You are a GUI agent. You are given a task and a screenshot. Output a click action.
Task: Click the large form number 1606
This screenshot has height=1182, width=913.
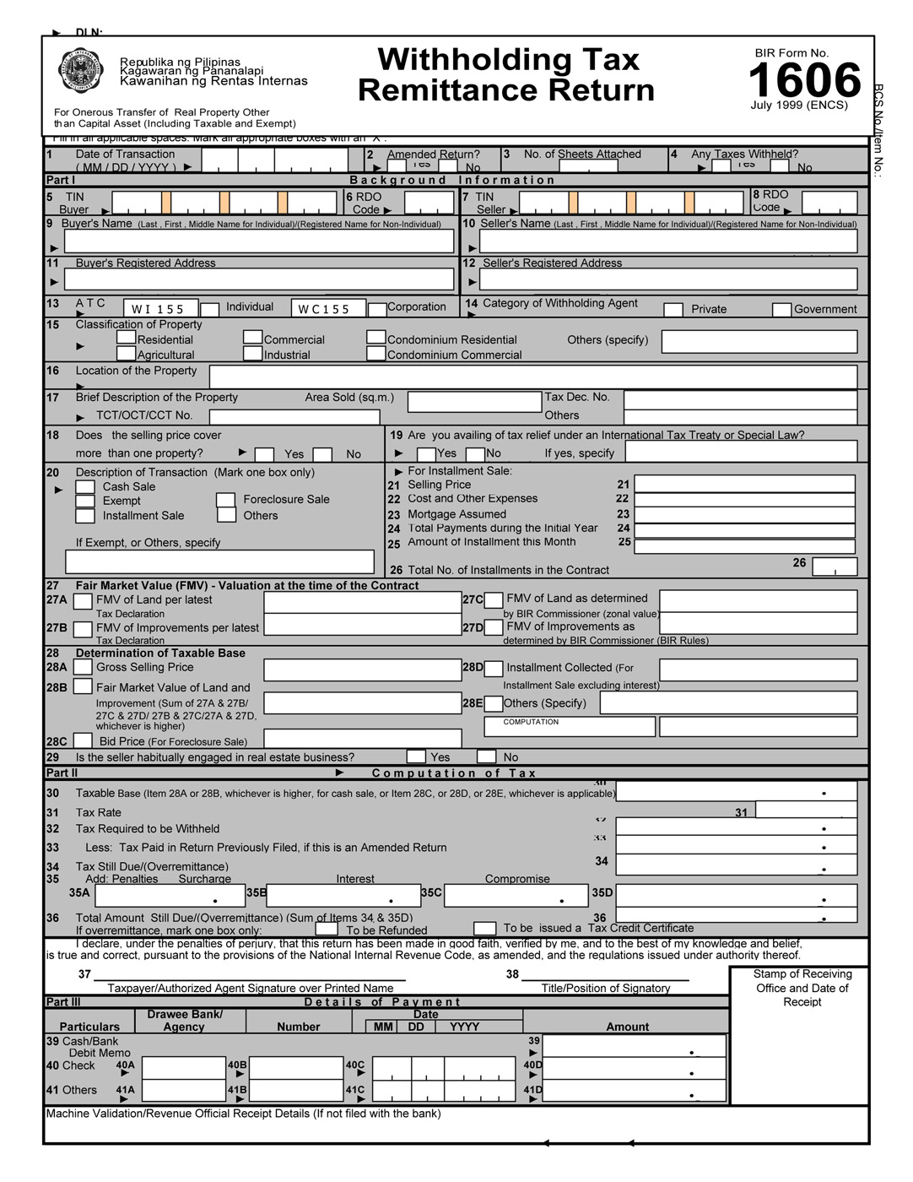click(x=804, y=81)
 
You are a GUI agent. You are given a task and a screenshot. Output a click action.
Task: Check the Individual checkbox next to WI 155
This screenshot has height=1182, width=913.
click(x=210, y=310)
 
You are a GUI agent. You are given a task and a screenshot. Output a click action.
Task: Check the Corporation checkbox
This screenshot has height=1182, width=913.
click(x=377, y=310)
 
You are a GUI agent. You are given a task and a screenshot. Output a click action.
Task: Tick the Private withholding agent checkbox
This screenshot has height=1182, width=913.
click(x=673, y=310)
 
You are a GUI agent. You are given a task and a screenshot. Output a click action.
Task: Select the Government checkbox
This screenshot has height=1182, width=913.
click(x=782, y=310)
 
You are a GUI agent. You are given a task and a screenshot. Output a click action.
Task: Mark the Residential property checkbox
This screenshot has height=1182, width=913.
click(x=127, y=338)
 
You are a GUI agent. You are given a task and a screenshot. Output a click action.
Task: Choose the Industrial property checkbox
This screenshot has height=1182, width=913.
click(x=253, y=354)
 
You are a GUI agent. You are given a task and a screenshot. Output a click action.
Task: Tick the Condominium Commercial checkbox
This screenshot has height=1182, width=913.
click(x=376, y=354)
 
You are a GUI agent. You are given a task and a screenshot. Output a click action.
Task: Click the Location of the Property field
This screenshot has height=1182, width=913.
click(x=532, y=377)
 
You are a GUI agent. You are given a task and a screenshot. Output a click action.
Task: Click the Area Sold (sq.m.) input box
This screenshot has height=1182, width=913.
click(x=474, y=401)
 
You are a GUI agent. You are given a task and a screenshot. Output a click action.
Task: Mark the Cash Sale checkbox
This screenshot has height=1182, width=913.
click(x=85, y=487)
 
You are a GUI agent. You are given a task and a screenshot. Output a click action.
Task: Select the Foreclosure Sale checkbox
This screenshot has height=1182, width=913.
click(x=225, y=500)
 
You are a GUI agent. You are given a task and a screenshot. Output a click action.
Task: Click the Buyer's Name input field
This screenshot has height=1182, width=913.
click(x=259, y=241)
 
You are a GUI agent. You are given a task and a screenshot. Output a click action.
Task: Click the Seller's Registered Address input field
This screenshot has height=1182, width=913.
click(x=668, y=279)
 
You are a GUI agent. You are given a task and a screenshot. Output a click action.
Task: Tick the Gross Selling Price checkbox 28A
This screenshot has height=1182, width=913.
click(x=83, y=667)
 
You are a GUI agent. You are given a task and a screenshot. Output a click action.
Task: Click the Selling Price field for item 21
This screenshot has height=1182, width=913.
click(x=744, y=484)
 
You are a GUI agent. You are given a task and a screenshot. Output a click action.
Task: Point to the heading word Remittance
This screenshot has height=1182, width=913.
click(x=506, y=90)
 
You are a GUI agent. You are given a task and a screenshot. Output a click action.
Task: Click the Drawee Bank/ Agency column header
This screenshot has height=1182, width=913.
click(x=185, y=1020)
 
